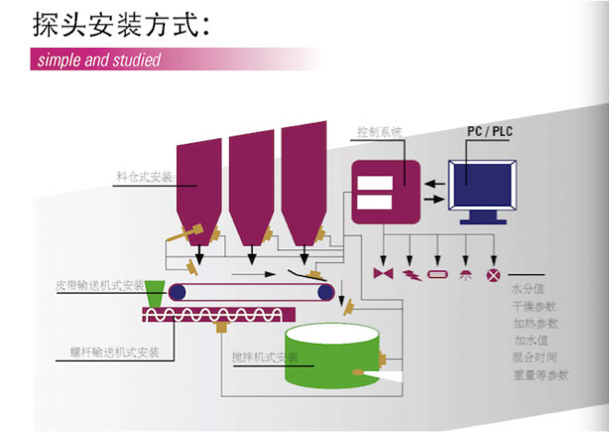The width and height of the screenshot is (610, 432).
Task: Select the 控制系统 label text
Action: click(x=380, y=131)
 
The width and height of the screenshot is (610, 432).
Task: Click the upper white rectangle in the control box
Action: click(x=379, y=182)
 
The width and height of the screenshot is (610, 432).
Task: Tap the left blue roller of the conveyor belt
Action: click(x=178, y=291)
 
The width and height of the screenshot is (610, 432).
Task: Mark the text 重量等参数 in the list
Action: click(x=541, y=374)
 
